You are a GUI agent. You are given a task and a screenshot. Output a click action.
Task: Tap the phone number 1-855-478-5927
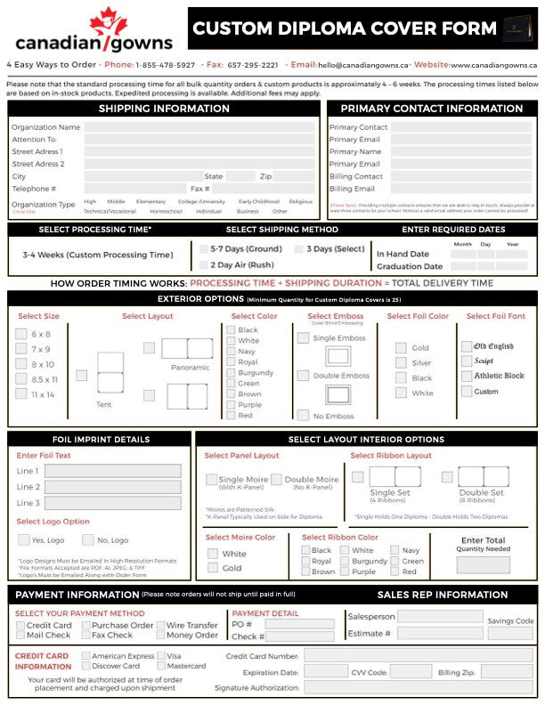click(165, 65)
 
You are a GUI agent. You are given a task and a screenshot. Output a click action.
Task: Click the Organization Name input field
click(199, 127)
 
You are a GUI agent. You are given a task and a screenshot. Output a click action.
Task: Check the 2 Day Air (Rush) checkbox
click(203, 264)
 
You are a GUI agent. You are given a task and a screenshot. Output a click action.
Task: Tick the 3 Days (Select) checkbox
click(300, 249)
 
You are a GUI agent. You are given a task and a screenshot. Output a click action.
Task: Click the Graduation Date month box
click(463, 266)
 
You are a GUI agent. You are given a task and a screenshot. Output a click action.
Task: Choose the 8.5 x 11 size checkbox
click(21, 379)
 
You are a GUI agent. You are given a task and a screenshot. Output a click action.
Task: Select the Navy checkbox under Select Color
click(230, 352)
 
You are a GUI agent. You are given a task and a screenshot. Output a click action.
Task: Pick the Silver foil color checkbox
click(401, 363)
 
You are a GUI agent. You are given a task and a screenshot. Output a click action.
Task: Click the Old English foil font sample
click(492, 346)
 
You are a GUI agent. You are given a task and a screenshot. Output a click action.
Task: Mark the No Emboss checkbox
click(303, 415)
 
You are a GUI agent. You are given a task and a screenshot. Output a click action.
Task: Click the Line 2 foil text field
click(112, 487)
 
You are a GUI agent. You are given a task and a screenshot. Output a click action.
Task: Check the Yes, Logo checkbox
click(23, 539)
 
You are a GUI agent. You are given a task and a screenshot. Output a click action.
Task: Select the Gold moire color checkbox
click(213, 568)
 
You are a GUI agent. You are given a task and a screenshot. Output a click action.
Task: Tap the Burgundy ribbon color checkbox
click(345, 562)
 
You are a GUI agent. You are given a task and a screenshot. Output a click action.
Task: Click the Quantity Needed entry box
click(484, 564)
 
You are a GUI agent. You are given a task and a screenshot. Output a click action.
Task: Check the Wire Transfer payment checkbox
click(160, 625)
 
